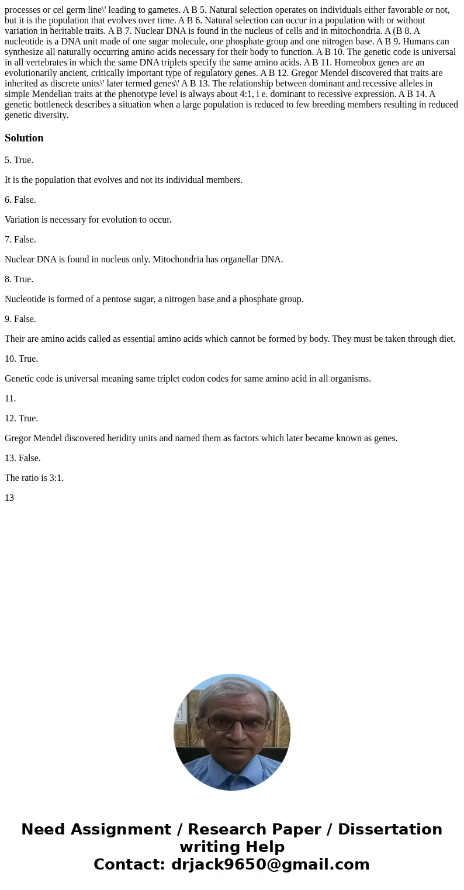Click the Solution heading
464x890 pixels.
(x=24, y=138)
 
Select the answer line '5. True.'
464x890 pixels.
(x=19, y=160)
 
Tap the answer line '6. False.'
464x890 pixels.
(x=20, y=200)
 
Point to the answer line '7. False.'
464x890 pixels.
(x=20, y=240)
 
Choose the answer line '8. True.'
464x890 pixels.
(x=19, y=279)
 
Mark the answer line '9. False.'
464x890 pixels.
(x=20, y=319)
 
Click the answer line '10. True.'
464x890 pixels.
(x=21, y=359)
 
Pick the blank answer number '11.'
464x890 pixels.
(x=10, y=399)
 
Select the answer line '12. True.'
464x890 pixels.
(x=21, y=418)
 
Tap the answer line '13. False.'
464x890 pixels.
(x=23, y=458)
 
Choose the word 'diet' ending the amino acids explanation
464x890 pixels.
(x=446, y=339)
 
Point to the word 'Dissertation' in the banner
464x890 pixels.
(x=390, y=829)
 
